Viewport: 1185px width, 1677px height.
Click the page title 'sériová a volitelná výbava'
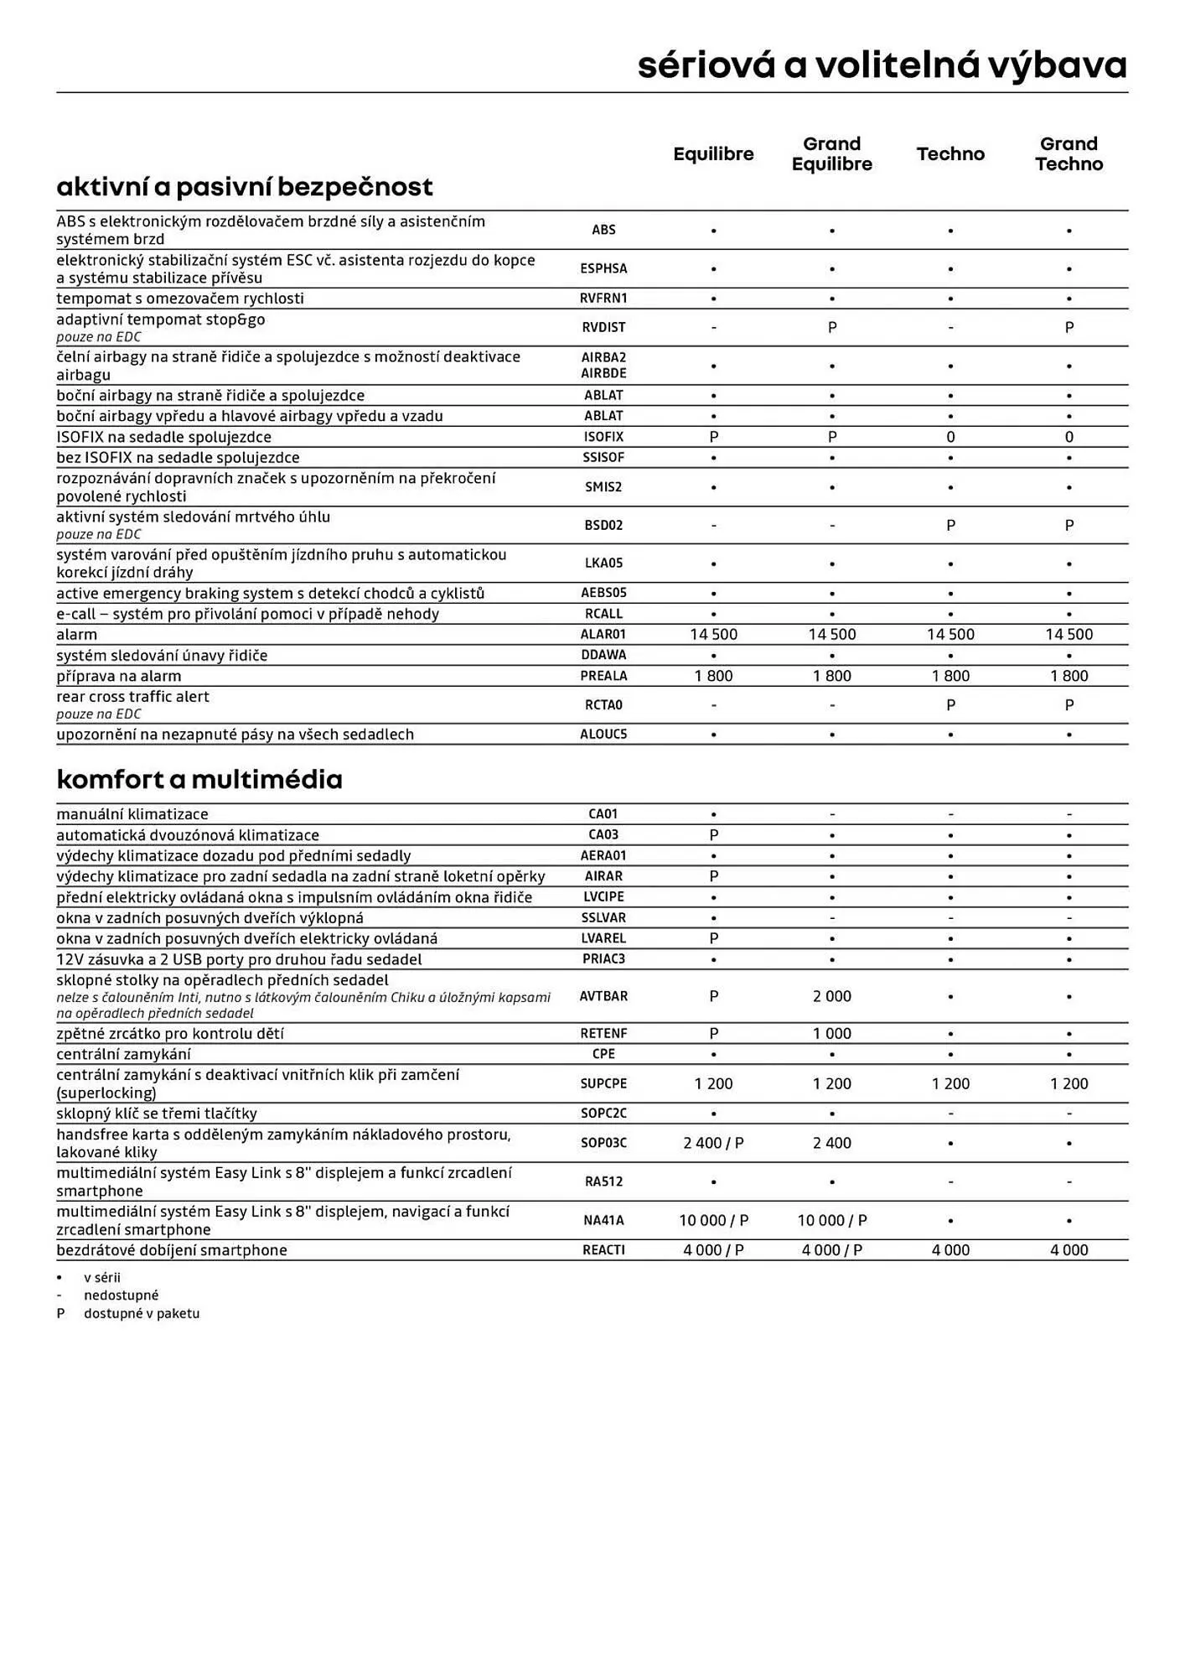click(882, 65)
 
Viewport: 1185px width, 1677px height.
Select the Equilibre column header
click(713, 154)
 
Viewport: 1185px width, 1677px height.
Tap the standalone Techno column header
click(950, 154)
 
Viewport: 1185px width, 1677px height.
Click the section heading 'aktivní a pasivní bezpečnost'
click(245, 186)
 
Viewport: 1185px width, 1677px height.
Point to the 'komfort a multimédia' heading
click(199, 780)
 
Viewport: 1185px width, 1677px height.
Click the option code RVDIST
click(603, 328)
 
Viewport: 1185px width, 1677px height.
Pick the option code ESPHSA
click(603, 269)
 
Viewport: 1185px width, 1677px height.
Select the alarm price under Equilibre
click(713, 635)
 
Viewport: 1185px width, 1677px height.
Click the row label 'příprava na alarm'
click(119, 676)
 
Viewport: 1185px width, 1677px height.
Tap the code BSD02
click(603, 526)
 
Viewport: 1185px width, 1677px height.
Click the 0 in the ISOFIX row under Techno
click(950, 437)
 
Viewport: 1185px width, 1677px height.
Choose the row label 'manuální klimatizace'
click(132, 814)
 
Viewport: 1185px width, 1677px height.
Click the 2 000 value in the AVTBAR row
click(831, 996)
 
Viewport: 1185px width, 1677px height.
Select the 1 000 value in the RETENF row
click(831, 1034)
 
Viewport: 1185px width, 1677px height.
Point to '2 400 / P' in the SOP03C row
click(713, 1143)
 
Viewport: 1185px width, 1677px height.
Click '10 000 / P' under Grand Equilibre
click(831, 1221)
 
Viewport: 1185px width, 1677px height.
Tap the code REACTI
click(603, 1250)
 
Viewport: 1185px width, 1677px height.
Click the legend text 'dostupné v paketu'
click(142, 1314)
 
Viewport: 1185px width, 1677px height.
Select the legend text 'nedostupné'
click(121, 1295)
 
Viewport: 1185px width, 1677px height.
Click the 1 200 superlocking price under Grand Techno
click(1069, 1084)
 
